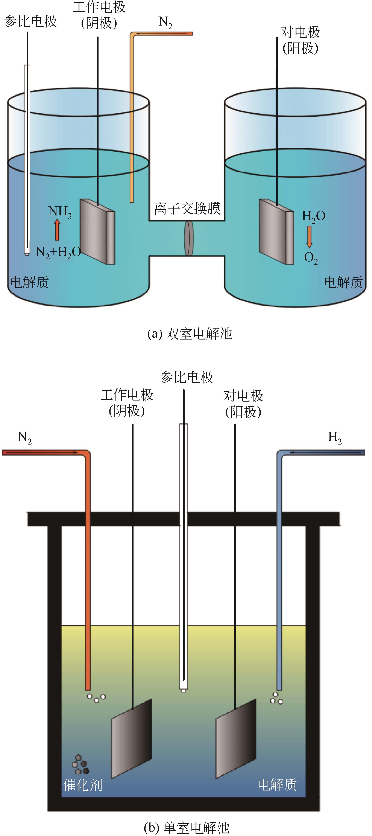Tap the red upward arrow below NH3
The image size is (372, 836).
[57, 230]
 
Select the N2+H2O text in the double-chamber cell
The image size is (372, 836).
[58, 252]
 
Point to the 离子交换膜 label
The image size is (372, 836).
[187, 208]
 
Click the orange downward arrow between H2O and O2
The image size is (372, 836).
[309, 236]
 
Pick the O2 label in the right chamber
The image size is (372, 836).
[311, 258]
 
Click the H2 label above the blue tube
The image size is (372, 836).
[335, 437]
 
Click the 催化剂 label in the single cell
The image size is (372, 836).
[83, 785]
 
